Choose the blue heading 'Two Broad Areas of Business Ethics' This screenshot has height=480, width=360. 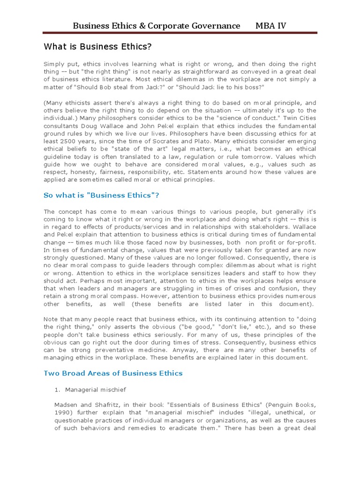pos(113,373)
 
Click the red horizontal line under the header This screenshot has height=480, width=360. pos(180,33)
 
